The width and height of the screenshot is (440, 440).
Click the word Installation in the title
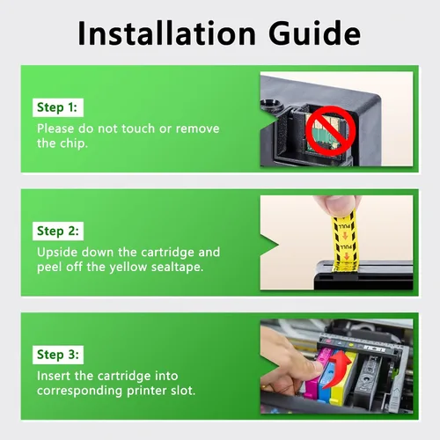(x=166, y=33)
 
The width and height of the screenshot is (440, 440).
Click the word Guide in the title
(x=314, y=33)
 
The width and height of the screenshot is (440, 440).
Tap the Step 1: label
(x=57, y=107)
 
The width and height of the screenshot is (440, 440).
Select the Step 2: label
(x=58, y=231)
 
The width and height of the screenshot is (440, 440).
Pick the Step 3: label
(x=58, y=355)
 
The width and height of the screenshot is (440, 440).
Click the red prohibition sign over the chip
(x=331, y=130)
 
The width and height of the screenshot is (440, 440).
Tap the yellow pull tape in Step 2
(x=345, y=240)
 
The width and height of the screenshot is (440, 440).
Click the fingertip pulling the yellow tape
(x=337, y=205)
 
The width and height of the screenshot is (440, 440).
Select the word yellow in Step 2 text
(x=128, y=268)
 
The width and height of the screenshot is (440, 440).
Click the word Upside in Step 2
(x=57, y=253)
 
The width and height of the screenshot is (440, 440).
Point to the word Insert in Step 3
(x=54, y=376)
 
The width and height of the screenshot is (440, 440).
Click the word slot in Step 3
(x=183, y=391)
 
